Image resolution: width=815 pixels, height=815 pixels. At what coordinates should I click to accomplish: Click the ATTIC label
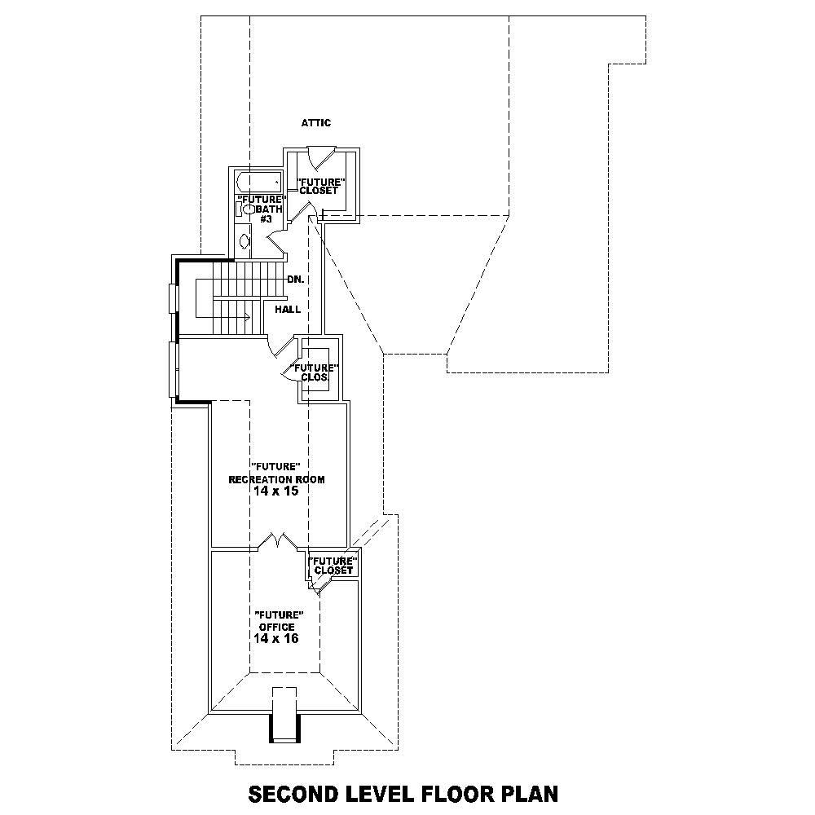315,123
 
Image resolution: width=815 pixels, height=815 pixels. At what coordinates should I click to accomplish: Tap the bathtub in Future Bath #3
258,182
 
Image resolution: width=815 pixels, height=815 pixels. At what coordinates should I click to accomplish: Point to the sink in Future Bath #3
245,241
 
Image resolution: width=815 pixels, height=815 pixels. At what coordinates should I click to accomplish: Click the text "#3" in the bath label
266,219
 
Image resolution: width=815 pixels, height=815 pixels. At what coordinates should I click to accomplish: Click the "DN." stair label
295,280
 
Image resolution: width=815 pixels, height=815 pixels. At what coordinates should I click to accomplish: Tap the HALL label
288,310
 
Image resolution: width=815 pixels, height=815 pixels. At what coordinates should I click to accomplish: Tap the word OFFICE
277,627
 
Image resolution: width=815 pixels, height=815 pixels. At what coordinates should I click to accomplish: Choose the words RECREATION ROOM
276,479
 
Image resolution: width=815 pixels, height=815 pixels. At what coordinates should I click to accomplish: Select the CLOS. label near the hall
315,377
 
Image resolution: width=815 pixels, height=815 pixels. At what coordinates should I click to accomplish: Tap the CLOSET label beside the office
333,570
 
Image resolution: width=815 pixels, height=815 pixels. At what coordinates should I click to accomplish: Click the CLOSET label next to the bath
319,191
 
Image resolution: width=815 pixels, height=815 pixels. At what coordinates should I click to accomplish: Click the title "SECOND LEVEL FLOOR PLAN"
403,793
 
